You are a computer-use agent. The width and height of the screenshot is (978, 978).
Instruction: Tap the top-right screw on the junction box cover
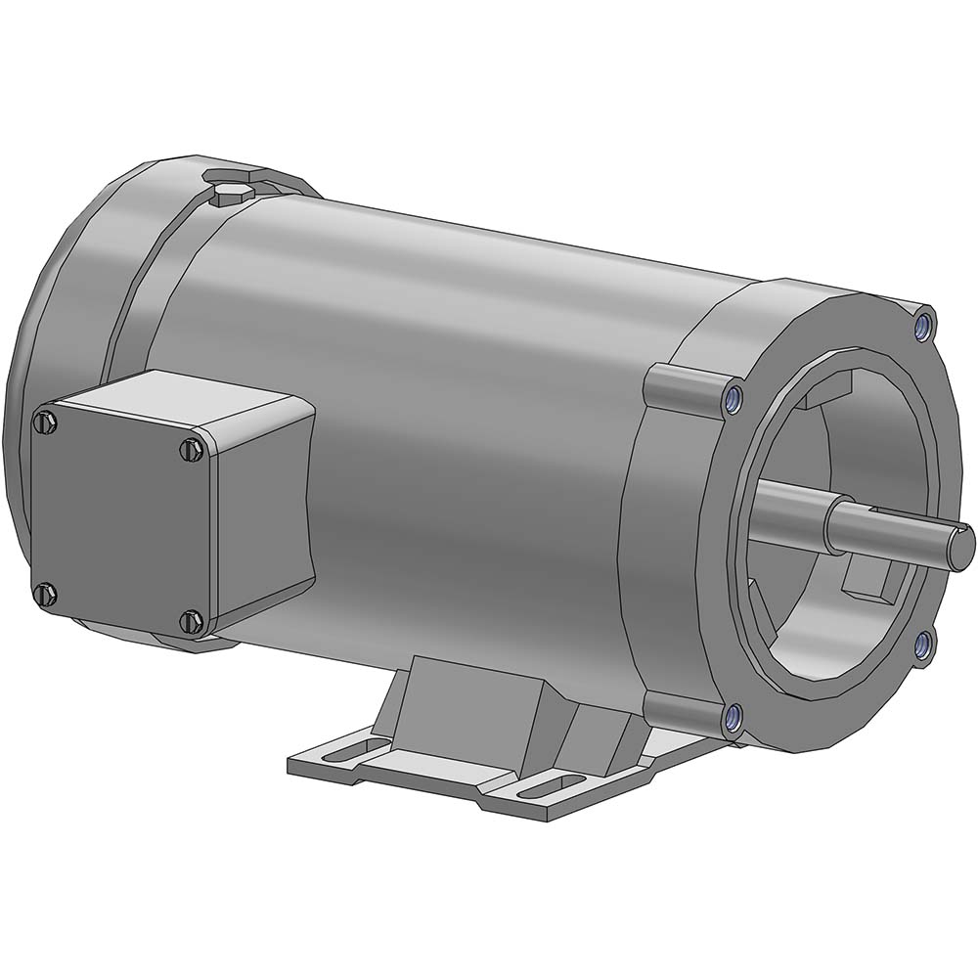coord(192,449)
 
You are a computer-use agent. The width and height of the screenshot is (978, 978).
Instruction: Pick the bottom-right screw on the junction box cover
coord(193,620)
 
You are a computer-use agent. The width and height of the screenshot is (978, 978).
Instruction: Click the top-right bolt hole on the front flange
coord(922,325)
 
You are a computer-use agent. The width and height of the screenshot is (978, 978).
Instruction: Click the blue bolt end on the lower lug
coord(731,720)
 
